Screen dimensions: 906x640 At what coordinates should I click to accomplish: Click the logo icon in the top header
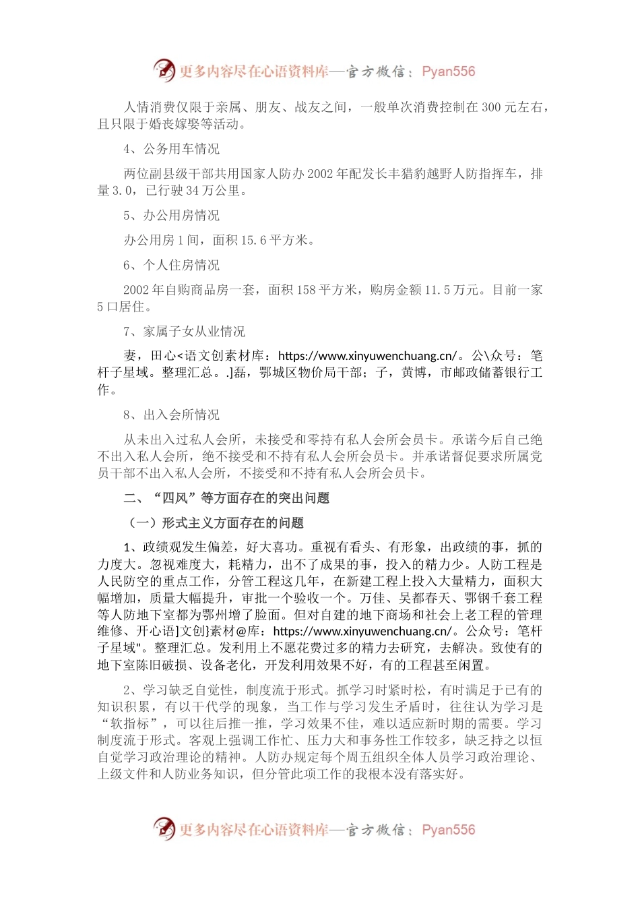coord(164,70)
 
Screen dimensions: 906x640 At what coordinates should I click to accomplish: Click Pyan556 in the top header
coord(448,71)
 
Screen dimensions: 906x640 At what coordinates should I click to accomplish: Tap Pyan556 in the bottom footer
coord(448,830)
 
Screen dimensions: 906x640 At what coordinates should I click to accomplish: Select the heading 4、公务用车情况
coord(172,149)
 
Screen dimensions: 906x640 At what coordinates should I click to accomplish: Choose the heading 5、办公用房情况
coord(172,216)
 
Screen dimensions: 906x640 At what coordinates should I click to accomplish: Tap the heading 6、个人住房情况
coord(172,265)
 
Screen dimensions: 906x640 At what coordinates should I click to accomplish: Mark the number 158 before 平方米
coord(306,290)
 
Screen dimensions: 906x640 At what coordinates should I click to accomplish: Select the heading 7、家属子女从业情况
coord(185,332)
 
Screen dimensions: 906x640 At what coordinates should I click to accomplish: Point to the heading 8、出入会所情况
coord(172,415)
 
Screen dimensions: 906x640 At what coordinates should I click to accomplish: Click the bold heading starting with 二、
coord(226,498)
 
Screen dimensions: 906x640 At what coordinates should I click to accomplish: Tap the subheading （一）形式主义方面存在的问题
coord(216,522)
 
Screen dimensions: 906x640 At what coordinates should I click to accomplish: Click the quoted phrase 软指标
coord(129,723)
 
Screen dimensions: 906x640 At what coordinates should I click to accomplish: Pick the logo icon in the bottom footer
coord(164,828)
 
